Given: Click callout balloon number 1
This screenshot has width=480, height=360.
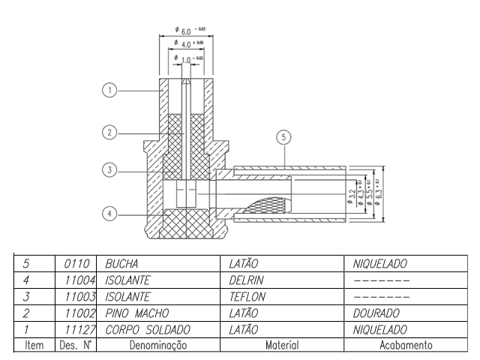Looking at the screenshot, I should click(109, 91).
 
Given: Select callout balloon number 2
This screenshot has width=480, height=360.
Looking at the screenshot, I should click(109, 132).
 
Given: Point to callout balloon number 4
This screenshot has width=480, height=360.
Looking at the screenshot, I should click(109, 214).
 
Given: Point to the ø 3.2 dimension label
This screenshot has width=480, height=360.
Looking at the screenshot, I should click(351, 197).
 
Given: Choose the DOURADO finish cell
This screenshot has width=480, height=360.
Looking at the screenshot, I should click(379, 313).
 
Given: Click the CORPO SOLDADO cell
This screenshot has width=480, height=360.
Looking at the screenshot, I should click(148, 330).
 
